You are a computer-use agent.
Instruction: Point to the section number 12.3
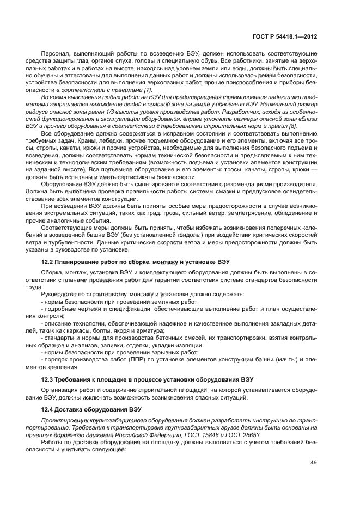tap(48, 378)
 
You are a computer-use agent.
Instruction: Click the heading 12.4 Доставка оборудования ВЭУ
tap(84, 409)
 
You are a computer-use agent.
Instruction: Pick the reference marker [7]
tap(147, 89)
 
